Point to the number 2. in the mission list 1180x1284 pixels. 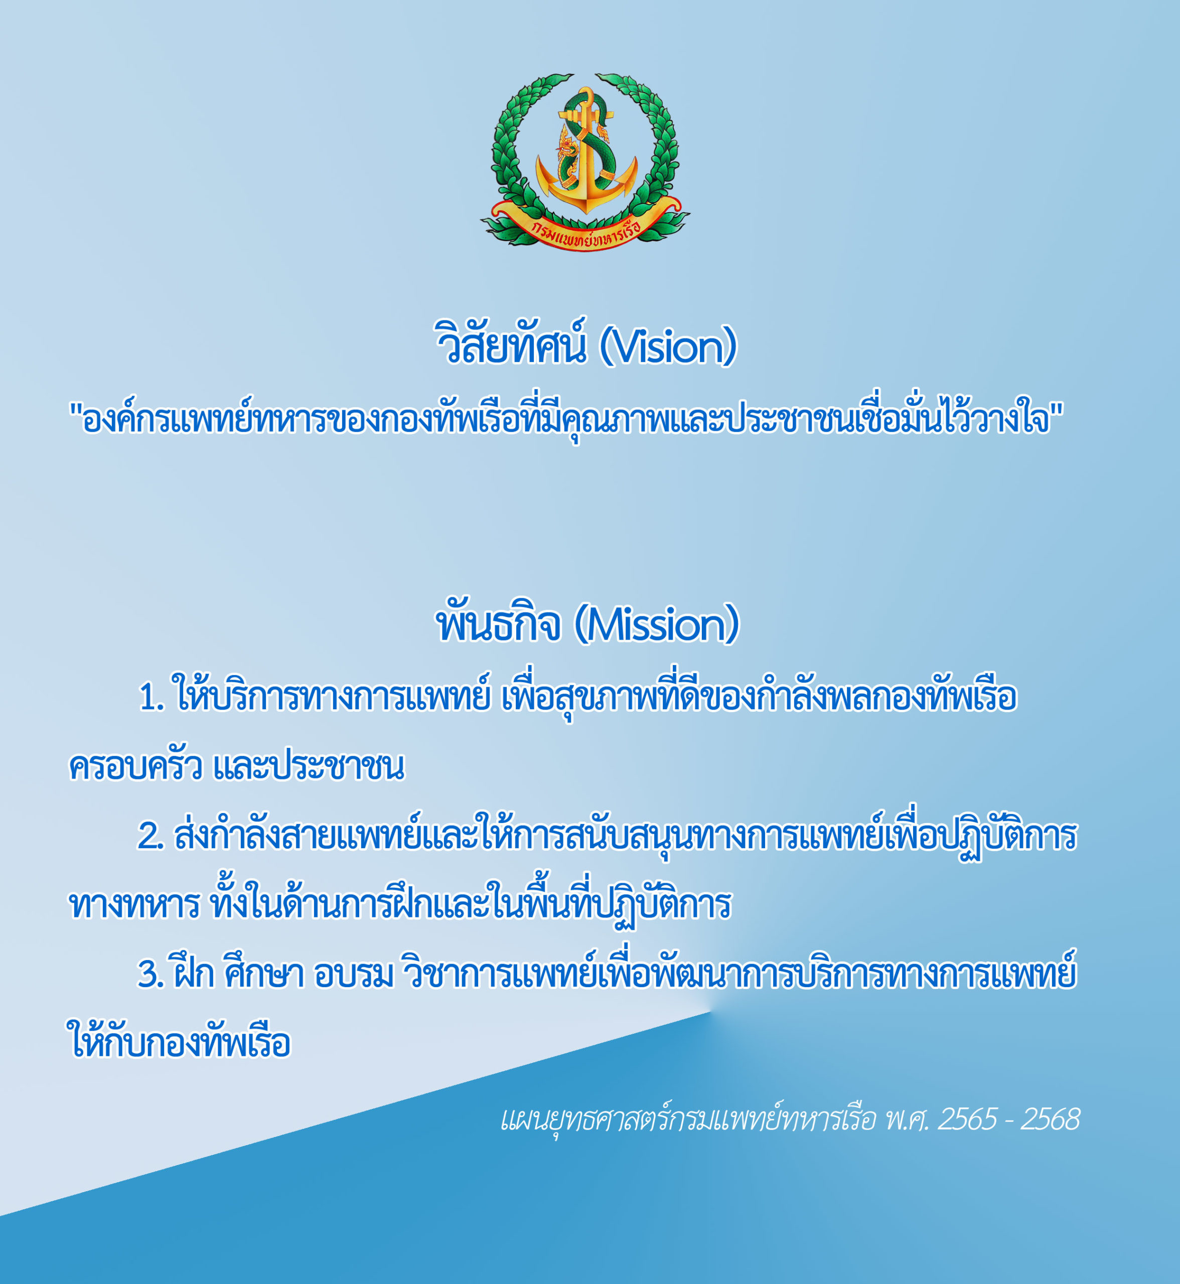pyautogui.click(x=152, y=836)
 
